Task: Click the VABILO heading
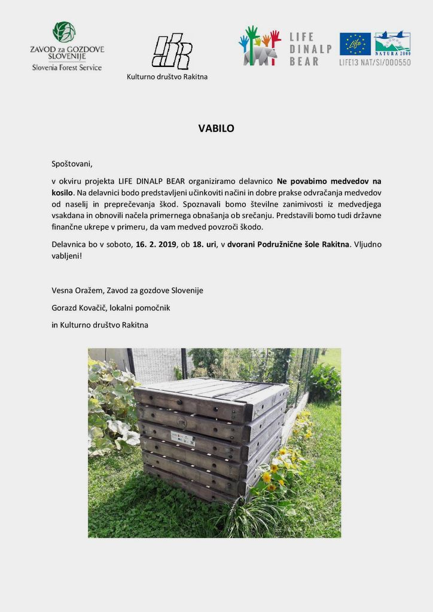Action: click(x=216, y=128)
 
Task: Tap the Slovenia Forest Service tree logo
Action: click(x=64, y=32)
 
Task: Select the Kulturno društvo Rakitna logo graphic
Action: click(x=171, y=51)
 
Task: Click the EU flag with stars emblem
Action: click(x=355, y=44)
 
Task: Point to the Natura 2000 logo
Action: click(x=392, y=43)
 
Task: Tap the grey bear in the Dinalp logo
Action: click(x=261, y=55)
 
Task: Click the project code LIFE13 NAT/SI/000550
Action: click(x=375, y=62)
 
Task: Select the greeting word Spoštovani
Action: click(x=72, y=163)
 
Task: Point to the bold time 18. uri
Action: click(x=205, y=244)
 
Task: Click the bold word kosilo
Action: click(x=62, y=193)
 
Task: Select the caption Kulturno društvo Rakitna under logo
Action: click(x=167, y=76)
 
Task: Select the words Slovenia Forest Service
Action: click(x=67, y=68)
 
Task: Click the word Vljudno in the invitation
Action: click(x=367, y=244)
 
